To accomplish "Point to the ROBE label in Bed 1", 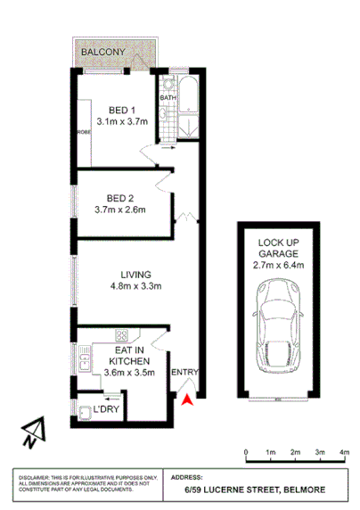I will (85, 131).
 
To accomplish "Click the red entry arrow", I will (186, 401).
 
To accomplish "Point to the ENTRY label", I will (184, 373).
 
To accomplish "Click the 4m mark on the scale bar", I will (344, 453).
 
